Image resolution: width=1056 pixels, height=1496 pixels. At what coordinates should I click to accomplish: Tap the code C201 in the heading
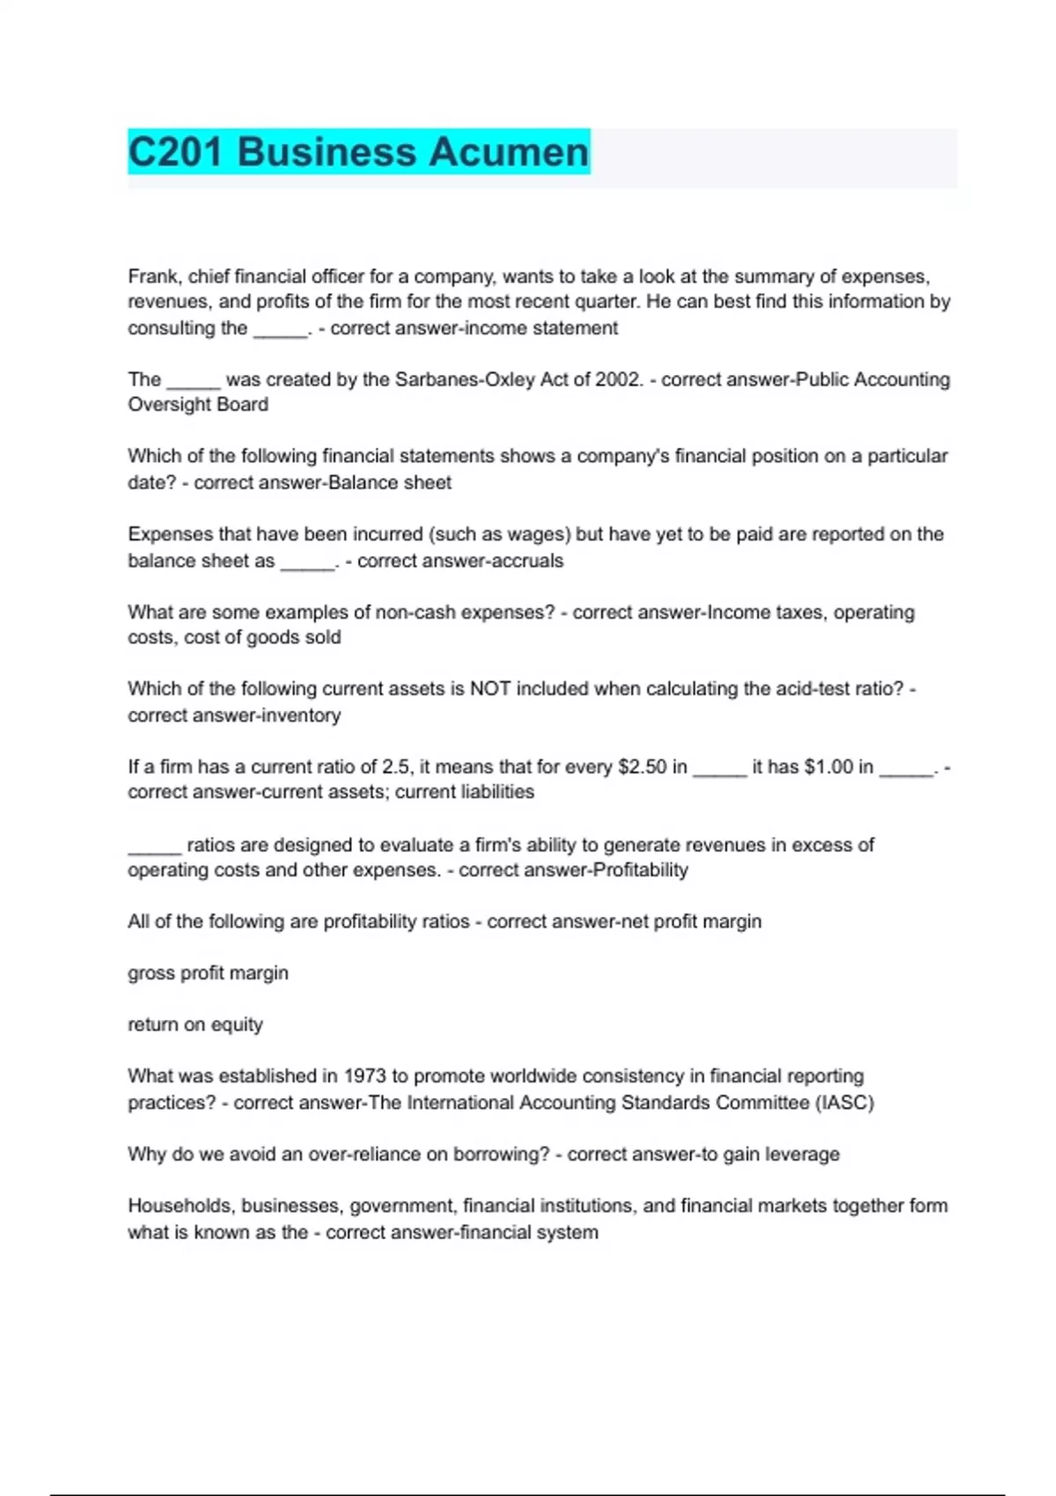point(175,151)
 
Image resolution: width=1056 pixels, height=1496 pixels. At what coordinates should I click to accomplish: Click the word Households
point(180,1206)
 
